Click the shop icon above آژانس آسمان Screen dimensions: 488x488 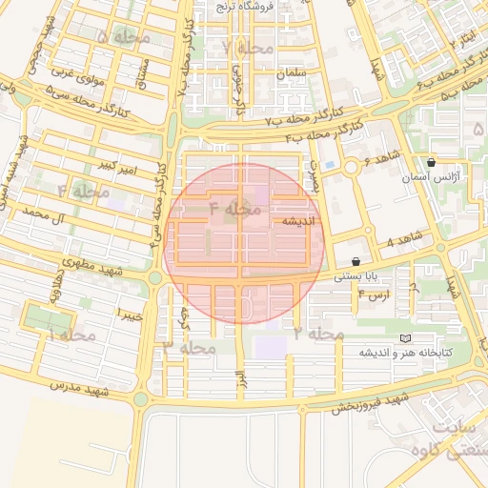tap(433, 163)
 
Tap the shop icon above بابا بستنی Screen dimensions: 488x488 tap(356, 261)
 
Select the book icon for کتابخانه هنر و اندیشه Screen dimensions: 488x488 tap(407, 338)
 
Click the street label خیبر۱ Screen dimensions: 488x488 tap(129, 314)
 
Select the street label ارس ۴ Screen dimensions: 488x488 tap(374, 296)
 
